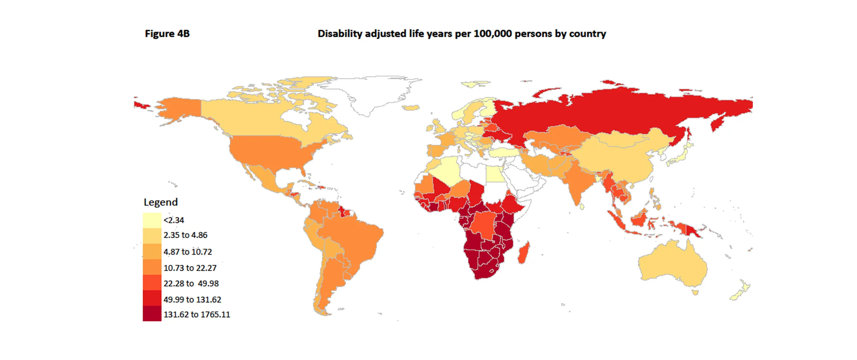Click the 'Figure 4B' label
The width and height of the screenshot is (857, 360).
[x=167, y=34]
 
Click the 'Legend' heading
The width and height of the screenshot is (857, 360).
[x=160, y=202]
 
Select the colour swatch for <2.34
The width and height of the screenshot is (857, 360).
[x=152, y=220]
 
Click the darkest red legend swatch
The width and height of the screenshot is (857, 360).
[x=152, y=313]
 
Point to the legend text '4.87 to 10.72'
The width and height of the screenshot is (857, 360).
[x=188, y=252]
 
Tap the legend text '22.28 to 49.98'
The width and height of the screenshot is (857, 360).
[x=191, y=283]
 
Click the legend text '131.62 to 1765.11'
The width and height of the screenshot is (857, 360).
[x=196, y=315]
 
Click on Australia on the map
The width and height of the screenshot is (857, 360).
[x=673, y=265]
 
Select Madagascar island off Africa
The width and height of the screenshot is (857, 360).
[x=524, y=252]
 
